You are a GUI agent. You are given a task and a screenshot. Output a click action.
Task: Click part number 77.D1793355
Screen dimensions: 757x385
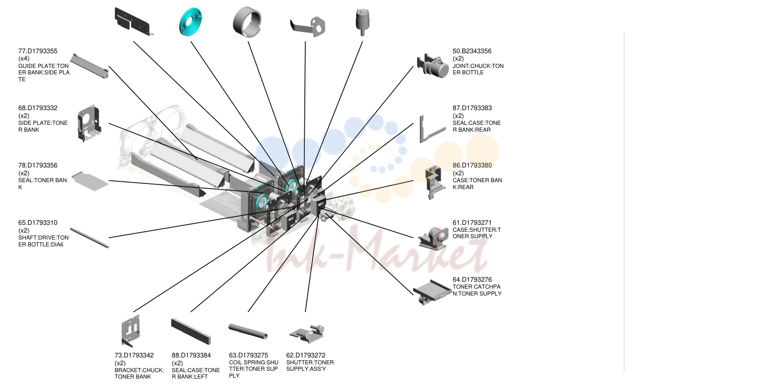coord(38,51)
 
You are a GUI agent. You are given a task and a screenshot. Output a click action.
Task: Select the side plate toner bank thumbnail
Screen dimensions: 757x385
coord(89,123)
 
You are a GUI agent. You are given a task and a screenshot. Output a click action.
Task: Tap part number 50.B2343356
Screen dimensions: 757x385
coord(472,51)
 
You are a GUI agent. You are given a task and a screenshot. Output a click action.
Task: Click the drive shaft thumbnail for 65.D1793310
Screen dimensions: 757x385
coord(90,238)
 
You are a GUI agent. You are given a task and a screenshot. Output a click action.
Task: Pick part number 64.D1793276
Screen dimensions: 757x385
coord(472,279)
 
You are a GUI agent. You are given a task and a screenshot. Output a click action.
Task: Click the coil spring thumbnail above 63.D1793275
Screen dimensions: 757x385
coord(248,331)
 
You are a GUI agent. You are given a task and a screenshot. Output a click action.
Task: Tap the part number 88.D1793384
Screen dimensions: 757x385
coord(191,355)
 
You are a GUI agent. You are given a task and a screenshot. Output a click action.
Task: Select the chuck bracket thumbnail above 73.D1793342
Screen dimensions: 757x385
coord(131,331)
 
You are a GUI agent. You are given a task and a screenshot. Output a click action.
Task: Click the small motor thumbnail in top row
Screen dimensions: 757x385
coord(362,22)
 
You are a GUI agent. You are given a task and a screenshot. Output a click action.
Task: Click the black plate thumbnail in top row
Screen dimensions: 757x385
coord(133,22)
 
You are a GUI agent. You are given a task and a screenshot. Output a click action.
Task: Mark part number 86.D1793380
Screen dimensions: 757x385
coord(472,165)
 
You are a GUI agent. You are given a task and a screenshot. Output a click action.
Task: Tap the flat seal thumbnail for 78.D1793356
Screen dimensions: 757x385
coord(90,181)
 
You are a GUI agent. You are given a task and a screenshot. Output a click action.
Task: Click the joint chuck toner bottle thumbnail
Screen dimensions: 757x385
coord(432,66)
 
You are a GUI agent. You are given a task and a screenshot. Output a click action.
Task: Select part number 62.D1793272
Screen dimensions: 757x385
coord(305,355)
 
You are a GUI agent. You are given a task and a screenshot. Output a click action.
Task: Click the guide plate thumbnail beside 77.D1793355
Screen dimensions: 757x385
coord(90,66)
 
